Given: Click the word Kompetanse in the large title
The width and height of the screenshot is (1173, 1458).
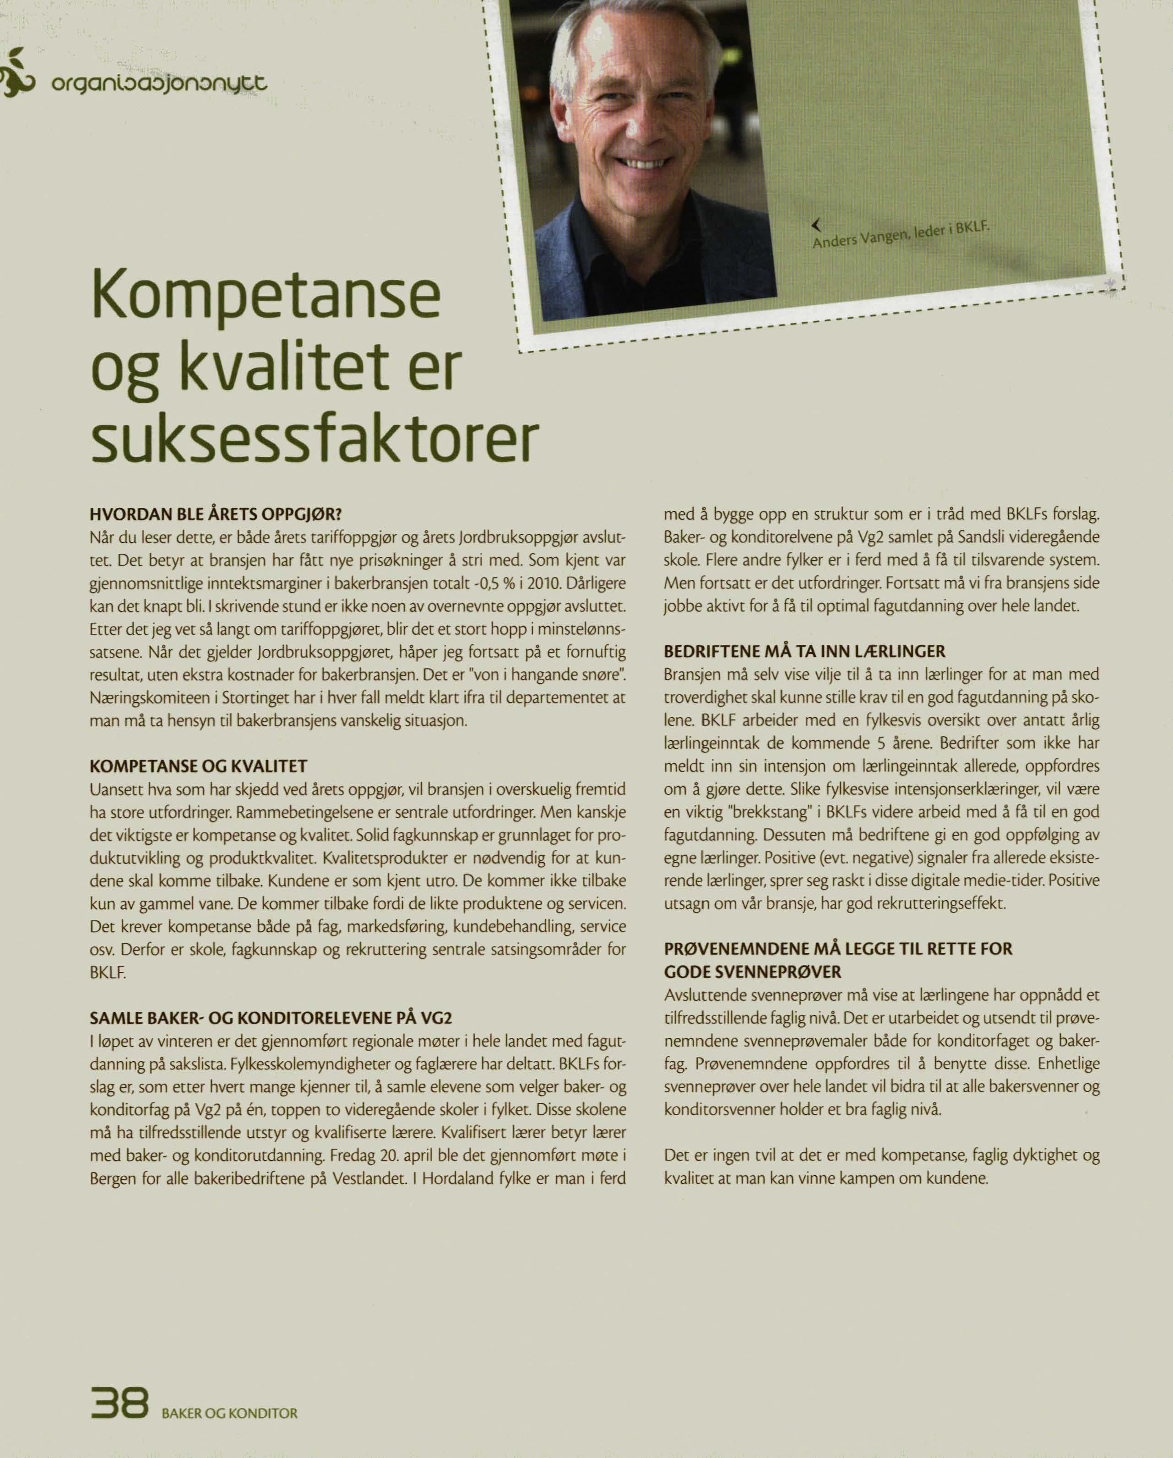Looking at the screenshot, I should click(265, 298).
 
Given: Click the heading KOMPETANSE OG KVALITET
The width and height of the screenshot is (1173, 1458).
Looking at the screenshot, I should click(198, 766).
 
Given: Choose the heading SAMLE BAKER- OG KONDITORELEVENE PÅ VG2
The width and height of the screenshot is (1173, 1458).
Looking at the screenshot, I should click(271, 1018).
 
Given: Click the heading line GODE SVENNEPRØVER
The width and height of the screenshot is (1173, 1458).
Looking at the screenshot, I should click(752, 972).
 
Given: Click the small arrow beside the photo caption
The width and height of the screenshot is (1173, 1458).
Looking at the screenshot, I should click(816, 224).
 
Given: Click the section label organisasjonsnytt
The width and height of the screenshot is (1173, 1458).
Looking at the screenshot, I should click(160, 85).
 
